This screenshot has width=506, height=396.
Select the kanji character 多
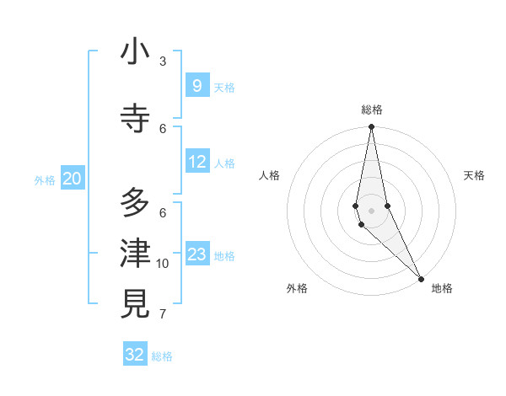(x=135, y=203)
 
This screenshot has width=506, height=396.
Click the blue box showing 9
(x=196, y=86)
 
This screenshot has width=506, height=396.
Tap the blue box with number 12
(x=196, y=162)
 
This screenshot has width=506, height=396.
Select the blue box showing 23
(x=196, y=254)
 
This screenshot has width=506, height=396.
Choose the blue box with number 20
(x=73, y=179)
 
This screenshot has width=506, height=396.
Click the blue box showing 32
(x=135, y=355)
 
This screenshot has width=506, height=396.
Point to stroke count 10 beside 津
(x=163, y=264)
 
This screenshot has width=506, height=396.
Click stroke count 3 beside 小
(x=163, y=62)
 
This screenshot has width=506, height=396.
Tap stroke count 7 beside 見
(x=163, y=315)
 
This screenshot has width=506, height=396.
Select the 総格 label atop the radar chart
(x=371, y=110)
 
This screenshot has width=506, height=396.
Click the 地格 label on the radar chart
(x=442, y=288)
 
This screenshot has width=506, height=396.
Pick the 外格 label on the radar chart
(x=297, y=288)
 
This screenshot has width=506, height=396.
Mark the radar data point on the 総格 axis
(x=371, y=128)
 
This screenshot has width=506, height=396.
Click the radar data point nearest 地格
(x=421, y=277)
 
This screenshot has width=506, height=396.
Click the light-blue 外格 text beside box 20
(x=45, y=180)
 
